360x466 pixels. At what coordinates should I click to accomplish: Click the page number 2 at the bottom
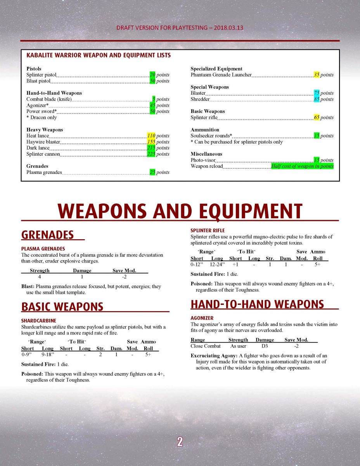pos(180,442)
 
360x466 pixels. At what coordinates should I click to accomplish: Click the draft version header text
pos(180,28)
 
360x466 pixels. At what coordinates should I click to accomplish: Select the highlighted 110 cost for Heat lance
pos(151,136)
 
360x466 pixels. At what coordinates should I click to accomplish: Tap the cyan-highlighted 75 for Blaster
pos(317,93)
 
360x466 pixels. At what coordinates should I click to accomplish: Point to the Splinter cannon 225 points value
pos(151,154)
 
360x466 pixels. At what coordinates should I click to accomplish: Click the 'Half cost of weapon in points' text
pos(302,166)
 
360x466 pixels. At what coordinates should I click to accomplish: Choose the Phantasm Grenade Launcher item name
pos(221,75)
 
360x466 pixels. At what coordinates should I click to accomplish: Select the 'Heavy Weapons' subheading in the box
pos(45,130)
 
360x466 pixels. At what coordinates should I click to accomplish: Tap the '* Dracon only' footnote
pos(42,118)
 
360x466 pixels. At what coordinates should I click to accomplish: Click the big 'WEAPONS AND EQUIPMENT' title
pos(180,211)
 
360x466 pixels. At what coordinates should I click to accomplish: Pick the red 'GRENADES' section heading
pos(47,235)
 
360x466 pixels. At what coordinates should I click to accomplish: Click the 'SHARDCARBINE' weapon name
pos(38,321)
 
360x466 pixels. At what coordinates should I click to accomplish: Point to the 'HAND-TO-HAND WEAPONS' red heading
pos(257,304)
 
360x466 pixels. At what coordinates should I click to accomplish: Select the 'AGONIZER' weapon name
pos(202,318)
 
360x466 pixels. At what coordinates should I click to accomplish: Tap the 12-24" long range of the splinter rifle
pos(217,264)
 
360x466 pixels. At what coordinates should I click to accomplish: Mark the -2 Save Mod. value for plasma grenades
pos(124,277)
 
